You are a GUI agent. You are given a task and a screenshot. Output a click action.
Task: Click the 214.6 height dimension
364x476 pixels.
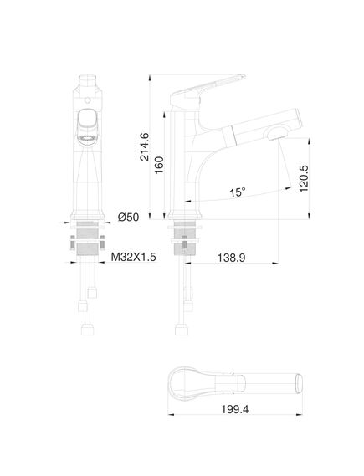pos(144,146)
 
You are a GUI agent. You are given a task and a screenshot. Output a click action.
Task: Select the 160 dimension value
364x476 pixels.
pos(159,165)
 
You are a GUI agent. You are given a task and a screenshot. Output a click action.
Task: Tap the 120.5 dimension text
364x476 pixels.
pos(304,178)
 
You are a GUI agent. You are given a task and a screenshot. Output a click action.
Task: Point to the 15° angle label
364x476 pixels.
pos(237,192)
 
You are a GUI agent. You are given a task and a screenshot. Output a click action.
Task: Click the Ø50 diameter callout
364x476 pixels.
pos(128,217)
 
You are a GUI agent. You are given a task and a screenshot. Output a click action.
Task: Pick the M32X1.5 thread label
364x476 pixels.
pos(133,257)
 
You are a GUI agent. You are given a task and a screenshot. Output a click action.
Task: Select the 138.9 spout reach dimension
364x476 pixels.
pos(231,258)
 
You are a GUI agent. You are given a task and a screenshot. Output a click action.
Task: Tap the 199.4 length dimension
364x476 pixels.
pos(234,409)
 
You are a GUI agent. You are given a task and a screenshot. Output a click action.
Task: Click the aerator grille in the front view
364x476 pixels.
pos(88,138)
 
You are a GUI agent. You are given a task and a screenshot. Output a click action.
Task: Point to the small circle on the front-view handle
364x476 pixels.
pos(87,100)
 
